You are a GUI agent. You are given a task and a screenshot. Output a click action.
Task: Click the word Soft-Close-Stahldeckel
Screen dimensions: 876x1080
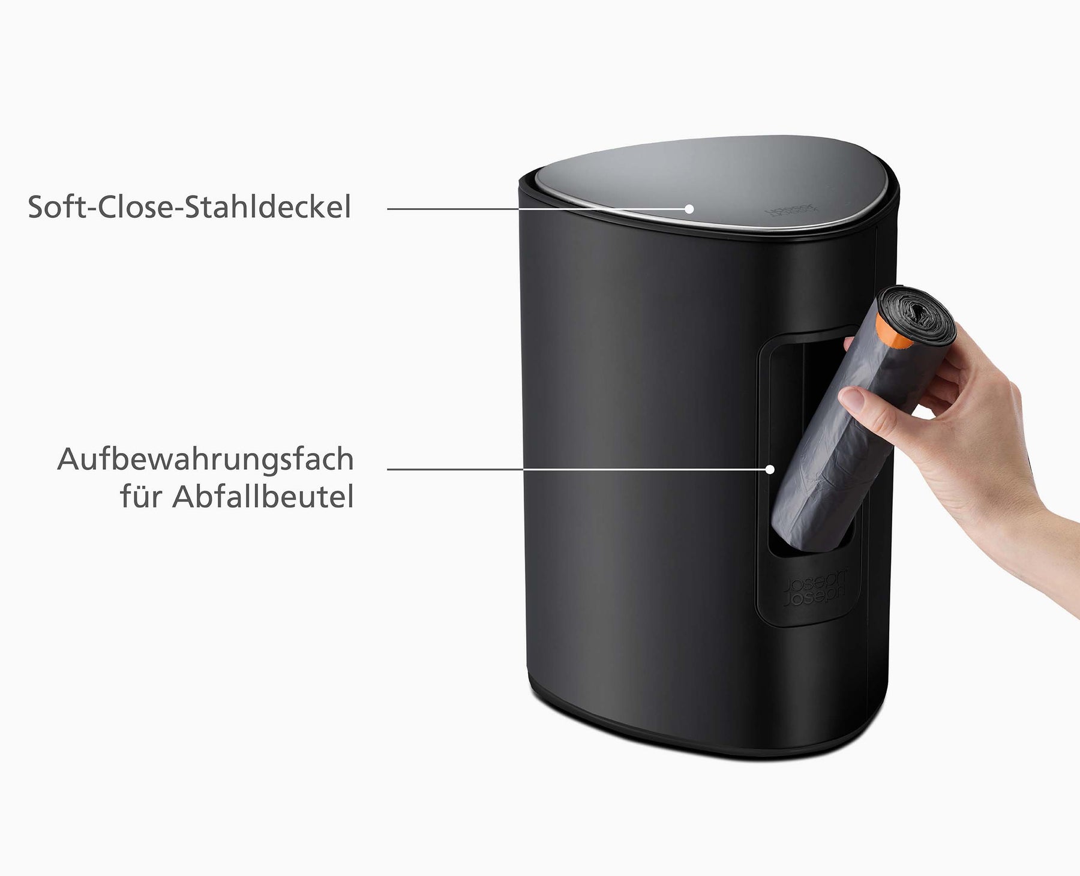(x=190, y=208)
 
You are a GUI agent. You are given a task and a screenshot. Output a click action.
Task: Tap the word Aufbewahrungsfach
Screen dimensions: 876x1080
(x=205, y=460)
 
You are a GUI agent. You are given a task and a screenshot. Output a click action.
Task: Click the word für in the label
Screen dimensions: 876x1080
(x=142, y=497)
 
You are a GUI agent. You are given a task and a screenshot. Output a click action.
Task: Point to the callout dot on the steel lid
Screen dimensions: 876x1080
(x=689, y=209)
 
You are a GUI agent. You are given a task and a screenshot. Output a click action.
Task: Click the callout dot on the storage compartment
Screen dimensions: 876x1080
(x=770, y=469)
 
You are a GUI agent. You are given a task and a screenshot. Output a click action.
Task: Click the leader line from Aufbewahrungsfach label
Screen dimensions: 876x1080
(x=570, y=469)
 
